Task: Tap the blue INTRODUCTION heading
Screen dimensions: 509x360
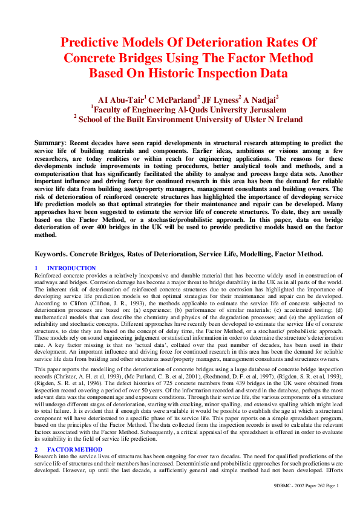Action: (x=71, y=268)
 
